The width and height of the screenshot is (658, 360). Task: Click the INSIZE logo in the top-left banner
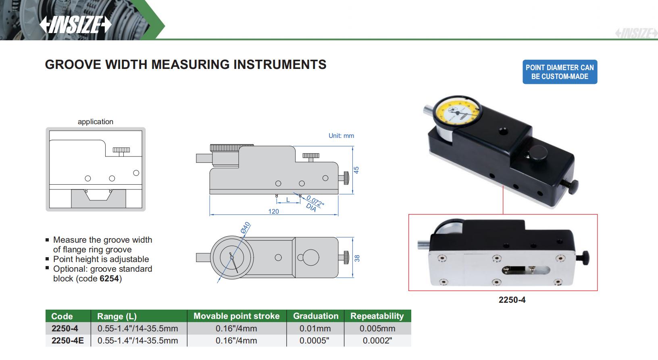pyautogui.click(x=75, y=25)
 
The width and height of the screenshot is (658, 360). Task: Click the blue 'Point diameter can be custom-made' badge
pyautogui.click(x=560, y=72)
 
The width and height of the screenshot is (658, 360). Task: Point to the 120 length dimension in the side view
pyautogui.click(x=273, y=211)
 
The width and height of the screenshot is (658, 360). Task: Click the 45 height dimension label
pyautogui.click(x=356, y=170)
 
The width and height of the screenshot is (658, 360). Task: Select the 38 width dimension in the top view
pyautogui.click(x=357, y=258)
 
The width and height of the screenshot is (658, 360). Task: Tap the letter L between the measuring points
pyautogui.click(x=288, y=200)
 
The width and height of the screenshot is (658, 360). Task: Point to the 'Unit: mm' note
pyautogui.click(x=341, y=136)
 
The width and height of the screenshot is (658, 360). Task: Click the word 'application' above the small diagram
pyautogui.click(x=96, y=122)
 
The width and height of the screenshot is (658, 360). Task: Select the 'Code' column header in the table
pyautogui.click(x=62, y=316)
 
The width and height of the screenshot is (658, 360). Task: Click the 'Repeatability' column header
pyautogui.click(x=377, y=316)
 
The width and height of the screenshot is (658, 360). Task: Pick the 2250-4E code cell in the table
pyautogui.click(x=68, y=341)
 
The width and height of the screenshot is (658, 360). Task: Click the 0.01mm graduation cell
pyautogui.click(x=315, y=329)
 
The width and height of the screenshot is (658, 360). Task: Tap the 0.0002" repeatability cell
pyautogui.click(x=377, y=341)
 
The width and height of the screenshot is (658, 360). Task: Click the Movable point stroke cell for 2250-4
pyautogui.click(x=236, y=329)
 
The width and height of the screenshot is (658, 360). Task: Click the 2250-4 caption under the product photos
pyautogui.click(x=512, y=300)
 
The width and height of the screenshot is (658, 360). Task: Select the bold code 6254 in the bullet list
pyautogui.click(x=109, y=279)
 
